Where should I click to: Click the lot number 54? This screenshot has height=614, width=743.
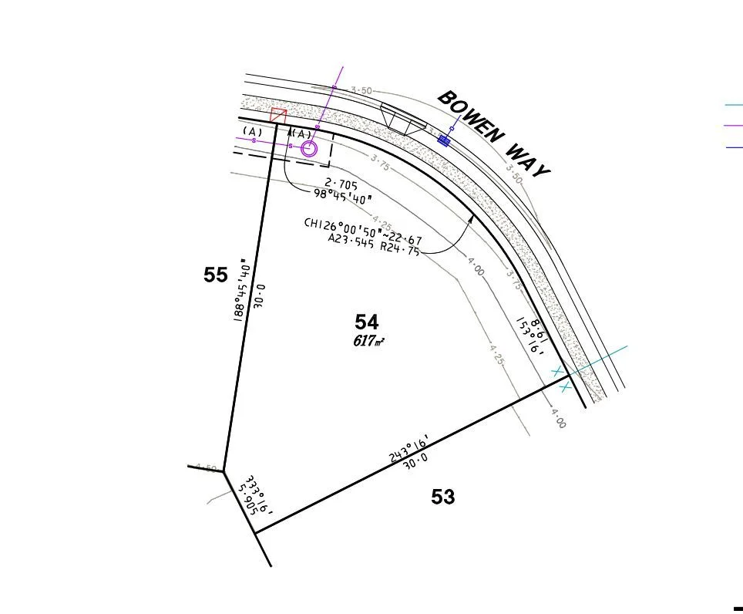(367, 322)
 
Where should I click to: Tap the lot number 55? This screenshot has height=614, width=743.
(216, 275)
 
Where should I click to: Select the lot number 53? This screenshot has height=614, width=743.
(443, 497)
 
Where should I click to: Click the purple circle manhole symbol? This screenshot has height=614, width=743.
(309, 149)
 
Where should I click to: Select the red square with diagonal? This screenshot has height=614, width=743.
(278, 116)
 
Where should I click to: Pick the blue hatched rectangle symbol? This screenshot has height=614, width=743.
(444, 140)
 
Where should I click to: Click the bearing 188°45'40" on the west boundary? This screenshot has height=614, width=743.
(240, 288)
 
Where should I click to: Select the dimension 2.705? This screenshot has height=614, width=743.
(341, 184)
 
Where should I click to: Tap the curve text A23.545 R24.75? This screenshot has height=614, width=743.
(374, 245)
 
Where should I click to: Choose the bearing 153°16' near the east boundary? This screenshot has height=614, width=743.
(530, 337)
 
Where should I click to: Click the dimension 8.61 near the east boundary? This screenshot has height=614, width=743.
(540, 327)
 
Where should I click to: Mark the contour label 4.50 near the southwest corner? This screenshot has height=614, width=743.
(206, 467)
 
